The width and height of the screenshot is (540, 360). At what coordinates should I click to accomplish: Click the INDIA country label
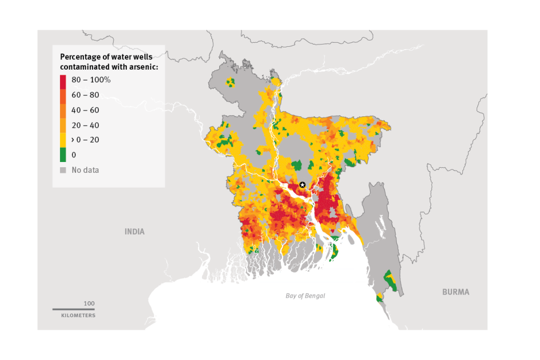point(135,232)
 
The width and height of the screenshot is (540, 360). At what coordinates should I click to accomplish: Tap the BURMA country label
point(456,292)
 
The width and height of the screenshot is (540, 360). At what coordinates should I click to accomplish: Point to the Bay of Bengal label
point(305,296)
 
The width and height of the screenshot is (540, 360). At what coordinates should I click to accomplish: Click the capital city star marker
point(303,185)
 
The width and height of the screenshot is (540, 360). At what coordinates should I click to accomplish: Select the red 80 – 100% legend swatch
point(63,80)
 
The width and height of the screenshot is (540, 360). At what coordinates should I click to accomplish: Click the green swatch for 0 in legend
point(63,155)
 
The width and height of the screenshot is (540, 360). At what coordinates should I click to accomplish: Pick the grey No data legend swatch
point(63,170)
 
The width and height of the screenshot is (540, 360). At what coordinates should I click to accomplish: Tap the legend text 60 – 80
point(85,95)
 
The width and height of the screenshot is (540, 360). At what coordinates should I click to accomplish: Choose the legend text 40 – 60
point(85,110)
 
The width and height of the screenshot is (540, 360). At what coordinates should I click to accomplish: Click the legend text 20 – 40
point(85,125)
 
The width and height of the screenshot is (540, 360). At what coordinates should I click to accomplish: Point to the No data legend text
point(85,170)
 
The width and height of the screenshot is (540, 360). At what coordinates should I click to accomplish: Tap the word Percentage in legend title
point(80,57)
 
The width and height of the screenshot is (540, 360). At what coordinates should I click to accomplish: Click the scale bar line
point(74,309)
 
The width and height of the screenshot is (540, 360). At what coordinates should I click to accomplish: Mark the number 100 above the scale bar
point(89,304)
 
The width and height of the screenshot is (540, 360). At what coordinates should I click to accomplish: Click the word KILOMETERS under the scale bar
point(78,315)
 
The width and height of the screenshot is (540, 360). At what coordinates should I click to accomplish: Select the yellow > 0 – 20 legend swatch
point(63,140)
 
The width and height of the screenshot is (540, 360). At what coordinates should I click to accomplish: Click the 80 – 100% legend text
point(91,80)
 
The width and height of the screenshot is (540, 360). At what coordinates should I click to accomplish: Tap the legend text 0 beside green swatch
point(74,155)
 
